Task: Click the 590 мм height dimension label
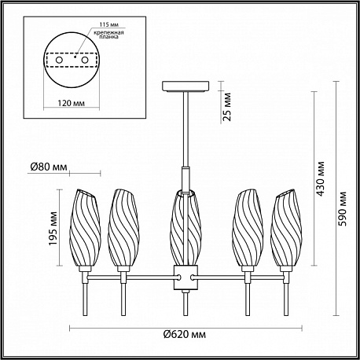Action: tap(342, 209)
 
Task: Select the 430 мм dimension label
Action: tap(320, 179)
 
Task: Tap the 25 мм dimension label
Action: tap(227, 107)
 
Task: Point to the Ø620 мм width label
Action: tap(185, 335)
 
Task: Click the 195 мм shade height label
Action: tap(53, 228)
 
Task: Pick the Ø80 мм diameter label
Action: tap(49, 167)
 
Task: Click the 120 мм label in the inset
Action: tap(71, 103)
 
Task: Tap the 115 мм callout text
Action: tap(109, 24)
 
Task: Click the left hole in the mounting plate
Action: tap(59, 60)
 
